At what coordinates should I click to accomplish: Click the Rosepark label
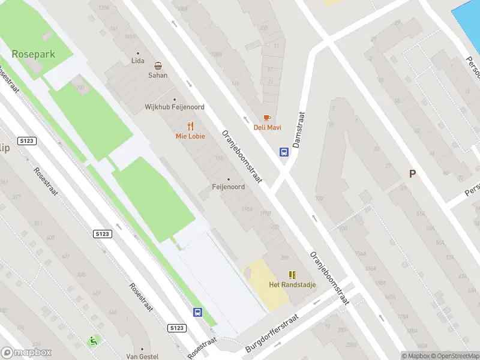tap(33, 54)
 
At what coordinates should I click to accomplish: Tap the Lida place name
tap(138, 61)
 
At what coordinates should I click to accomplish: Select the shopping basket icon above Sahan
tap(158, 66)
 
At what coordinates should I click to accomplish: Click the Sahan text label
tap(158, 76)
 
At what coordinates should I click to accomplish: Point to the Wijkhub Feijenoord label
tap(175, 107)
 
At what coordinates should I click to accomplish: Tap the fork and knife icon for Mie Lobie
tap(190, 126)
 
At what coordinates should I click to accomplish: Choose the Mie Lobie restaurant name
tap(190, 136)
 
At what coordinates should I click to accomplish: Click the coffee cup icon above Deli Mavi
tap(267, 118)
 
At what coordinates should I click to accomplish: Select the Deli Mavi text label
tap(267, 127)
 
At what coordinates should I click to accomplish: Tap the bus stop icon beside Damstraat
tap(284, 152)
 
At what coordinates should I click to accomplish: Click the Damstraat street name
tap(298, 130)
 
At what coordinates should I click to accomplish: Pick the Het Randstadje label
tap(292, 284)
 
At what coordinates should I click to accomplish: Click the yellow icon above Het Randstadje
tap(292, 275)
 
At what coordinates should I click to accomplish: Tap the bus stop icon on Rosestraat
tap(197, 312)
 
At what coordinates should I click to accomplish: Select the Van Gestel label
tap(142, 356)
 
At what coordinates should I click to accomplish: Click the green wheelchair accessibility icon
tap(92, 341)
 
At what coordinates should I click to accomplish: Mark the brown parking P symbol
tap(412, 174)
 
